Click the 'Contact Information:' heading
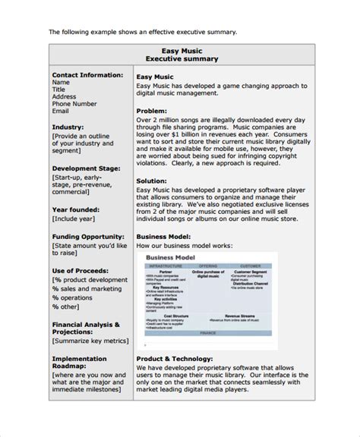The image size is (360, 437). pyautogui.click(x=87, y=75)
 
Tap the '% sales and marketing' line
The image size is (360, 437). pyautogui.click(x=87, y=289)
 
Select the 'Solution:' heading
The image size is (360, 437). pyautogui.click(x=153, y=181)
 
